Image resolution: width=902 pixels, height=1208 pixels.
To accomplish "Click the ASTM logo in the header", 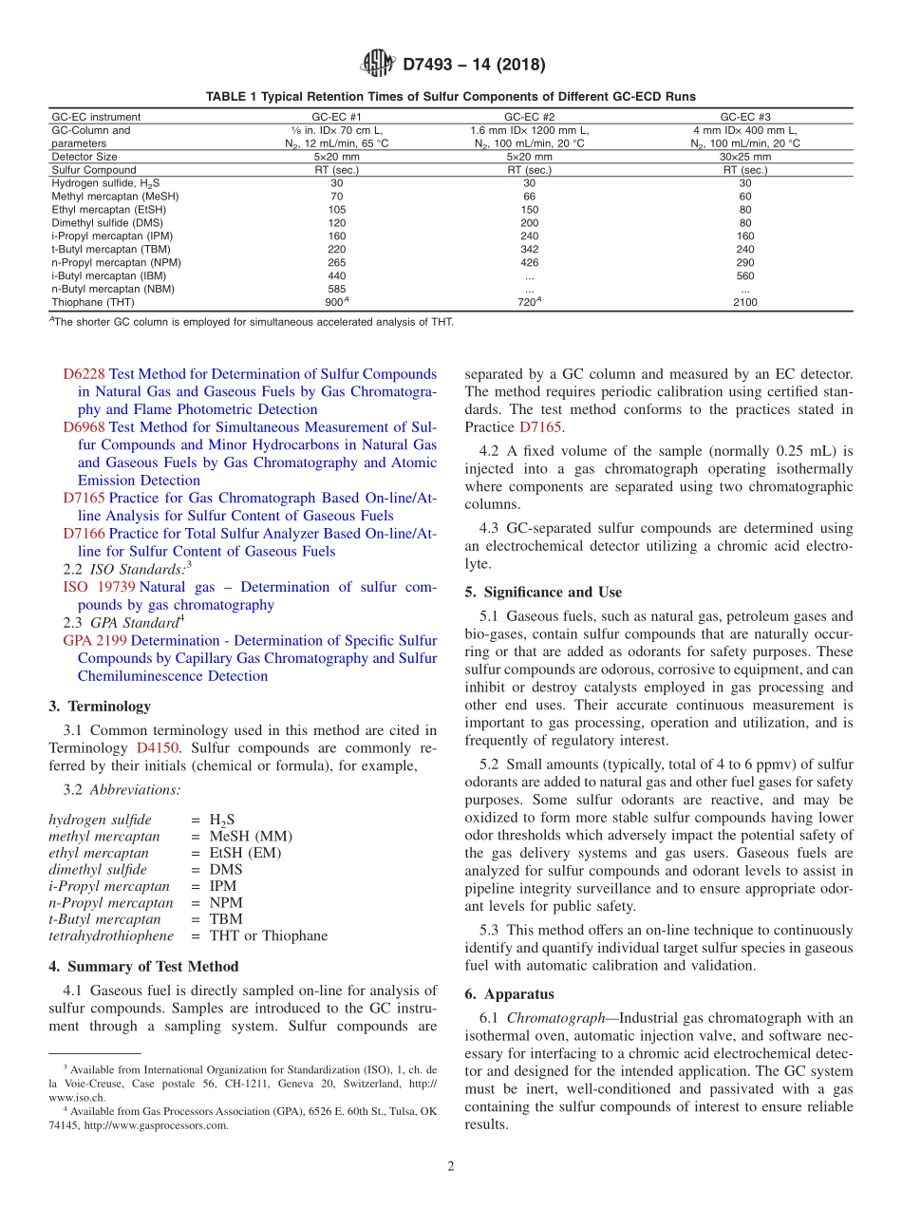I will click(x=380, y=65).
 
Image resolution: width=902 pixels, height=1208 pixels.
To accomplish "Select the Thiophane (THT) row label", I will click(x=93, y=302).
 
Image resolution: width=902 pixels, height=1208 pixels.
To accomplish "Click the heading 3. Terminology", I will click(x=100, y=706).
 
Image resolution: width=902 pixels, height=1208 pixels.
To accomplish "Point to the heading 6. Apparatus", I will click(x=509, y=994).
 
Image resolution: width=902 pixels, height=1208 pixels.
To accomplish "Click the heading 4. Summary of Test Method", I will click(x=143, y=966).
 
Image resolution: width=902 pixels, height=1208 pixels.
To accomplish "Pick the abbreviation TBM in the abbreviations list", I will click(x=226, y=919).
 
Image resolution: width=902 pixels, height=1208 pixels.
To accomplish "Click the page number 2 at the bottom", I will click(x=451, y=1167).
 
